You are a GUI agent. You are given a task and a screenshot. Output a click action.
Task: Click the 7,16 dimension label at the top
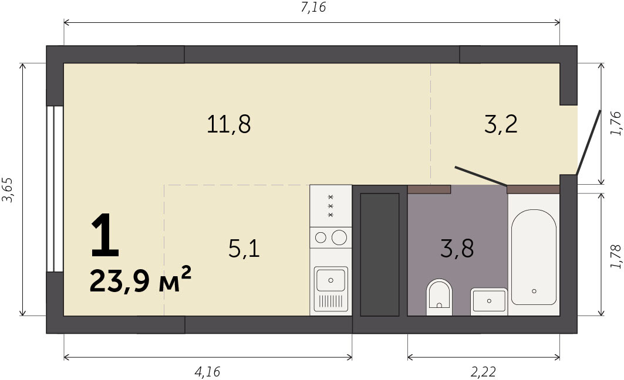(x=313, y=7)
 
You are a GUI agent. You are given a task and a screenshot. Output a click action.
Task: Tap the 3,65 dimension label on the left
(x=8, y=189)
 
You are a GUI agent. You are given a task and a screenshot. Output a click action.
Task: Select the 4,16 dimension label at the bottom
(x=207, y=372)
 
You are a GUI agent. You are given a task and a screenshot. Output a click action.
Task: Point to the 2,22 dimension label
(x=484, y=372)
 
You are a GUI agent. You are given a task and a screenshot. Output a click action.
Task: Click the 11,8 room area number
(x=229, y=124)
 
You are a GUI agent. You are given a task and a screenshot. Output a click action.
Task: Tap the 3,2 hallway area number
(x=501, y=124)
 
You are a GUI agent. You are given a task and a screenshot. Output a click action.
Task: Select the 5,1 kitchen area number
(x=244, y=249)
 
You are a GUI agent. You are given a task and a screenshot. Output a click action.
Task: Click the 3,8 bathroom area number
(x=457, y=249)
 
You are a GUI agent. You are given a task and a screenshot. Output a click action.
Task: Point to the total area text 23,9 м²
(x=140, y=280)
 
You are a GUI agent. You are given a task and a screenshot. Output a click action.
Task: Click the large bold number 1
(x=104, y=235)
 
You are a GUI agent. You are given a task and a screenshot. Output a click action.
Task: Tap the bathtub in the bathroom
(x=534, y=257)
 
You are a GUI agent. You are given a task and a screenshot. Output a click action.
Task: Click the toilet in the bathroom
(x=439, y=297)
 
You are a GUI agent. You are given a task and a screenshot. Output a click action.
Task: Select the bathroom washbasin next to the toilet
(x=489, y=301)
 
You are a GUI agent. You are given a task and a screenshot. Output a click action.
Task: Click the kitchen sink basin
(x=330, y=280)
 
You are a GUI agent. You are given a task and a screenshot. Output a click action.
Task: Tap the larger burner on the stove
(x=339, y=238)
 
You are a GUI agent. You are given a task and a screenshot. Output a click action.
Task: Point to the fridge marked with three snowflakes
(x=330, y=206)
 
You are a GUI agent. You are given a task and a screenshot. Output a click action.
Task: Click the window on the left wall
(x=55, y=189)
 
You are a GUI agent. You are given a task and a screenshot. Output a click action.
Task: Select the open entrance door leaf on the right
(x=588, y=143)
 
